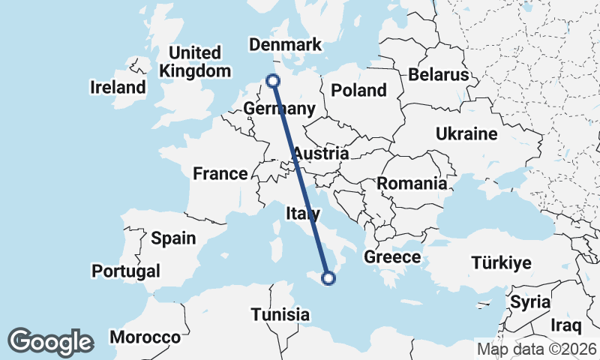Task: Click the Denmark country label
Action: tap(285, 46)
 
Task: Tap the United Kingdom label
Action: tap(195, 62)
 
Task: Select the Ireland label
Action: tap(118, 88)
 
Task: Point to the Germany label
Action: tap(278, 109)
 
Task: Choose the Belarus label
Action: tap(439, 75)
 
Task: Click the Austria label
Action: tap(320, 154)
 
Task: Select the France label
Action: tap(220, 174)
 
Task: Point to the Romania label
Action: tap(412, 184)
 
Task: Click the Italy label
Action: tap(303, 214)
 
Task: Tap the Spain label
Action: tap(173, 238)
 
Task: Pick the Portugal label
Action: tap(126, 271)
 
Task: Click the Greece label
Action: tap(391, 257)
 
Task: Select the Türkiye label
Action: tap(501, 263)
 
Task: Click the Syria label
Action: tap(529, 302)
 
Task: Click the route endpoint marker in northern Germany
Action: tap(273, 80)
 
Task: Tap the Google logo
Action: tap(50, 342)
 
